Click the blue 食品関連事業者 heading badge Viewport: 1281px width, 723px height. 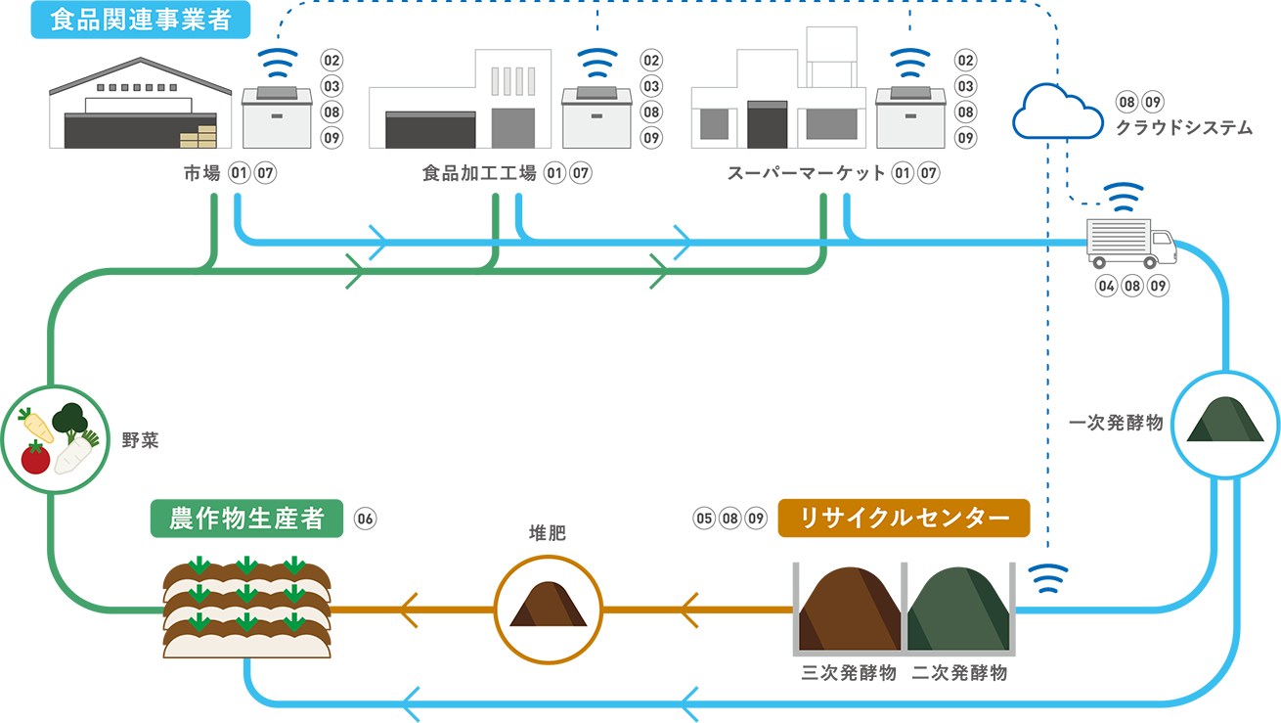(141, 20)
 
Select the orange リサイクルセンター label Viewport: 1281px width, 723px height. (904, 519)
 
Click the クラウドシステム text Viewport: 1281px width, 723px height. (1183, 127)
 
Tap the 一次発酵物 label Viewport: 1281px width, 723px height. (1116, 424)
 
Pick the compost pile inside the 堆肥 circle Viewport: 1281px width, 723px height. (548, 605)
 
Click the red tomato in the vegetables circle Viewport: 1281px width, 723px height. (35, 458)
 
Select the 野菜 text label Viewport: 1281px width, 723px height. (140, 441)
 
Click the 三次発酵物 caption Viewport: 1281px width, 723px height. (848, 673)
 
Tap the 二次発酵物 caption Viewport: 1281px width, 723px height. (958, 673)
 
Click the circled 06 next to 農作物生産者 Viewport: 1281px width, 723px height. (365, 519)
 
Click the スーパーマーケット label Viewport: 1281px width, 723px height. (806, 174)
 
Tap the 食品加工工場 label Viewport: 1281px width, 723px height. (479, 174)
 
